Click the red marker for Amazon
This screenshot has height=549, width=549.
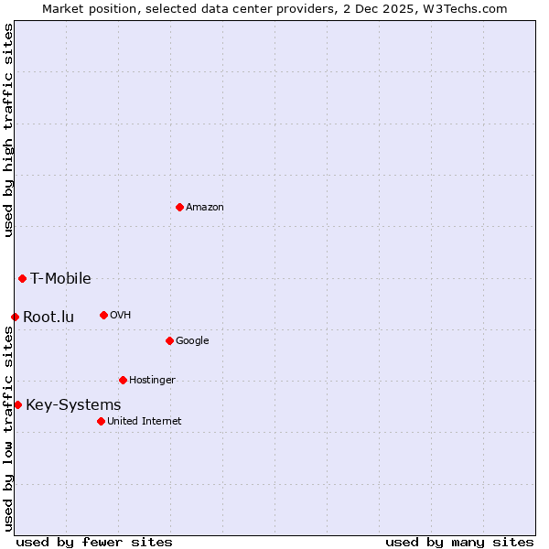pos(179,207)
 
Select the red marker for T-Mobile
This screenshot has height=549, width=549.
pos(22,278)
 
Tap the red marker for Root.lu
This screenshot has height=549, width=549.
pos(15,317)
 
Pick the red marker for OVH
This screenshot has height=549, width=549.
pos(103,315)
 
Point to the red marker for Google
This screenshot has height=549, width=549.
pos(169,340)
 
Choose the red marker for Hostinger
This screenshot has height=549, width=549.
pos(123,380)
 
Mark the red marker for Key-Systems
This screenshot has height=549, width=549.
pos(17,404)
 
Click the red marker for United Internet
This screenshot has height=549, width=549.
pos(101,421)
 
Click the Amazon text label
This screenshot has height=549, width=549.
pos(205,208)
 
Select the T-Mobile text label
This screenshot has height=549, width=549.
pos(60,279)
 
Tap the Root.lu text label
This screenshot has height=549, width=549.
pos(48,318)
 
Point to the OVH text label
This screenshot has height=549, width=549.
pos(121,316)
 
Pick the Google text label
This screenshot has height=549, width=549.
pos(192,341)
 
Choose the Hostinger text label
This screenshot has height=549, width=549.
pos(152,381)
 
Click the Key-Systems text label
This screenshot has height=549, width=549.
pos(73,405)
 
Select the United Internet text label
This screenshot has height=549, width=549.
pos(145,422)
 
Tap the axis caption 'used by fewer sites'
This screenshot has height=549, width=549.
pos(94,542)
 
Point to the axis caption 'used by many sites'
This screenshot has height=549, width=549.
pos(459,542)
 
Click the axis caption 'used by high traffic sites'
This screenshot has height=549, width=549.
pos(8,131)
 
